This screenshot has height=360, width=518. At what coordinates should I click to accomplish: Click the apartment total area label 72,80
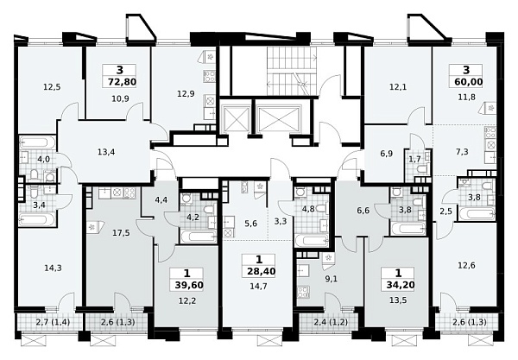(x=123, y=81)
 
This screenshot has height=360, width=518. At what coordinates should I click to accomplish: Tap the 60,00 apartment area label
(x=469, y=81)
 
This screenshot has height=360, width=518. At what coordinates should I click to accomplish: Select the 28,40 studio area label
(x=262, y=271)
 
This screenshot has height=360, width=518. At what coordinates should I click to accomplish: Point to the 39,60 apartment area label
(x=189, y=285)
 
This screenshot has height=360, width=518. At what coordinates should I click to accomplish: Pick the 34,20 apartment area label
(x=400, y=285)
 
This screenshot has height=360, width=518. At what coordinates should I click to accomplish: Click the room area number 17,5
(x=121, y=233)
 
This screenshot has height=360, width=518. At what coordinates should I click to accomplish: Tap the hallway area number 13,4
(x=105, y=152)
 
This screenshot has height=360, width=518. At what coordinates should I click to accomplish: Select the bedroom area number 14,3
(x=53, y=268)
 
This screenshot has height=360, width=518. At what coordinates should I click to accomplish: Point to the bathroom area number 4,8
(x=307, y=209)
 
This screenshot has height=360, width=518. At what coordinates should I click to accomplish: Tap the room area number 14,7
(x=259, y=286)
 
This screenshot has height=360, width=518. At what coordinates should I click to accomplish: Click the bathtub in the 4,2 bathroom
(x=199, y=237)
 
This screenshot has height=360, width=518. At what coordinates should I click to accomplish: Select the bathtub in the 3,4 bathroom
(x=37, y=219)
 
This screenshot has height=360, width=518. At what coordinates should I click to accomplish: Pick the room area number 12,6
(x=466, y=265)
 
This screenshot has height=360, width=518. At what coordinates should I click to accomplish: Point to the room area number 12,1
(x=398, y=87)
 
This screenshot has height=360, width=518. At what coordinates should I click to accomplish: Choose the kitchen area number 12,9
(x=186, y=94)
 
